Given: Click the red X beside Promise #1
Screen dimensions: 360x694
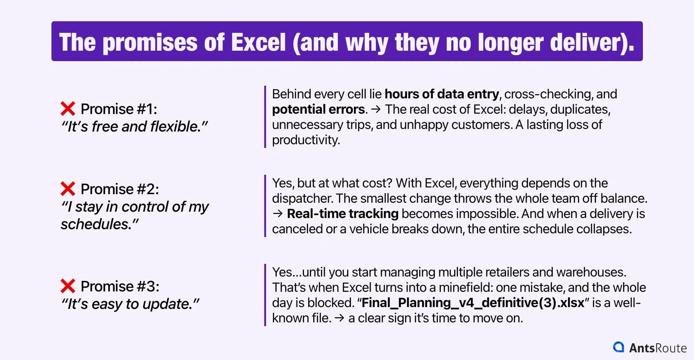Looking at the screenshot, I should [68, 109].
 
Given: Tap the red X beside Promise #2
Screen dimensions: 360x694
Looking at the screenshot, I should [68, 189].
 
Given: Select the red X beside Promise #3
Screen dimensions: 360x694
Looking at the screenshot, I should [68, 286].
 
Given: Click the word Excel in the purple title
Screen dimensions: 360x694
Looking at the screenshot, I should [258, 42].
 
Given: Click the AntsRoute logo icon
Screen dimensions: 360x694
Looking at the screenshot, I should [618, 347].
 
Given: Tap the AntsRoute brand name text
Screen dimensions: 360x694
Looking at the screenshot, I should [658, 348].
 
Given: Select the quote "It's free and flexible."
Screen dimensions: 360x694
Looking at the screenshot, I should [134, 127].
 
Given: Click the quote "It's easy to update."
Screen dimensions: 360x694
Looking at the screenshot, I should [130, 304].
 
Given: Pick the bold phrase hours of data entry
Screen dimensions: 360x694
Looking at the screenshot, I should [442, 94].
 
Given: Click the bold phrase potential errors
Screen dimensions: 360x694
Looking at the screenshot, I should [318, 109].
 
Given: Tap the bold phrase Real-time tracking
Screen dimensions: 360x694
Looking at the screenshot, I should [342, 214].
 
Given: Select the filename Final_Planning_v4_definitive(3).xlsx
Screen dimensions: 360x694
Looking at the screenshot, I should [473, 303].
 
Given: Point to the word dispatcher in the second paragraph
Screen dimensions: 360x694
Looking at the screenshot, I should [302, 198].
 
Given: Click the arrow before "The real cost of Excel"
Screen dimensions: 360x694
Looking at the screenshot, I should [376, 109].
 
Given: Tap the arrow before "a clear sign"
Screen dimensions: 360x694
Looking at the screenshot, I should [339, 318].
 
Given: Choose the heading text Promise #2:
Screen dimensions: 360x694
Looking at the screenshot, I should [119, 189].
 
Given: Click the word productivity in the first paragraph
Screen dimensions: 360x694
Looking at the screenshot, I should [305, 140].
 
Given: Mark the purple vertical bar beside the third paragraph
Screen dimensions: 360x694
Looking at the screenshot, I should [265, 295].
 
